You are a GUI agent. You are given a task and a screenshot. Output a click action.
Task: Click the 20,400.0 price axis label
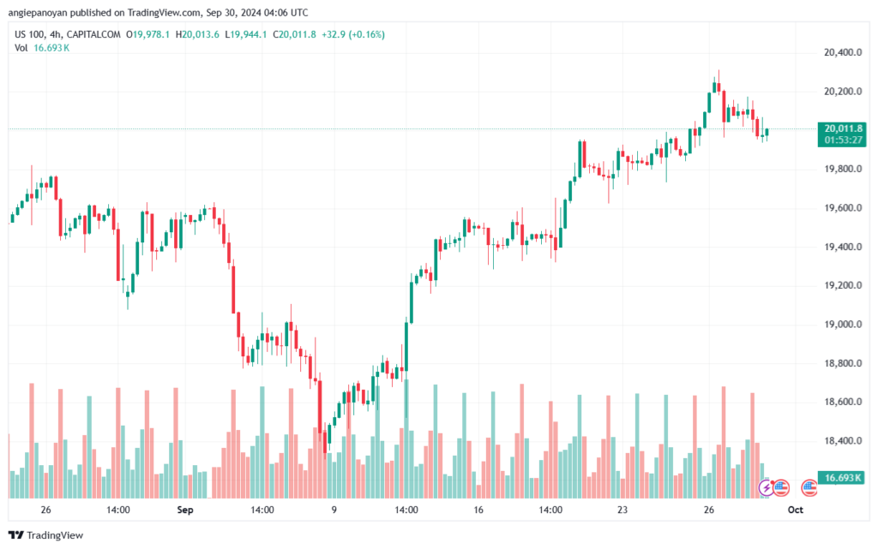pos(838,52)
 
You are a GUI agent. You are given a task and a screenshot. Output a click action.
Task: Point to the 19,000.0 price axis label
pos(838,325)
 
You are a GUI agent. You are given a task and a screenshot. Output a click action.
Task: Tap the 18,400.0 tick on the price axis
pos(838,441)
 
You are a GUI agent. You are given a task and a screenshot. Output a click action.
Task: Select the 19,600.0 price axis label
pos(838,208)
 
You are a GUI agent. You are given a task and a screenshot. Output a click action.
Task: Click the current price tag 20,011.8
pos(844,128)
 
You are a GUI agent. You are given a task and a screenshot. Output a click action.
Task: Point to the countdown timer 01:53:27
pos(844,139)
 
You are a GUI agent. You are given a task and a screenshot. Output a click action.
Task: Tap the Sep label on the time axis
pos(183,509)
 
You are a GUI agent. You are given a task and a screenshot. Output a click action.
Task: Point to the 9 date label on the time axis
pos(334,509)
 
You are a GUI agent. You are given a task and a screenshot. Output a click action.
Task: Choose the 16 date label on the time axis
pos(478,509)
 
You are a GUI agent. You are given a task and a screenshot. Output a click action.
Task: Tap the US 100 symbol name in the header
pos(29,34)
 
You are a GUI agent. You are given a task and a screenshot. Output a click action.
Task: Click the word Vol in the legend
pos(21,48)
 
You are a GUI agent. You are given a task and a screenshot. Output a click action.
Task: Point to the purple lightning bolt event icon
pos(766,488)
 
